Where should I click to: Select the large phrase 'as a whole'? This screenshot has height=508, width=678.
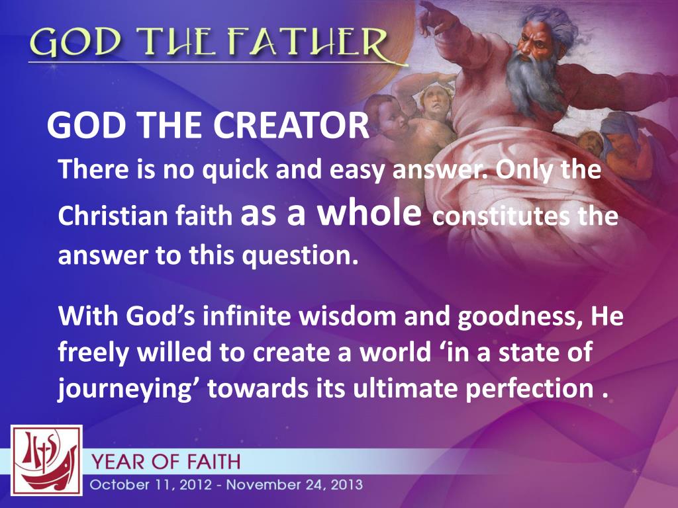[x=332, y=215]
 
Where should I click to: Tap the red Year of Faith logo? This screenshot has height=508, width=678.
[x=46, y=460]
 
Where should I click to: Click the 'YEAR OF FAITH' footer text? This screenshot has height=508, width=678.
[x=166, y=461]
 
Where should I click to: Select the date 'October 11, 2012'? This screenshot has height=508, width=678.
[x=153, y=485]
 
